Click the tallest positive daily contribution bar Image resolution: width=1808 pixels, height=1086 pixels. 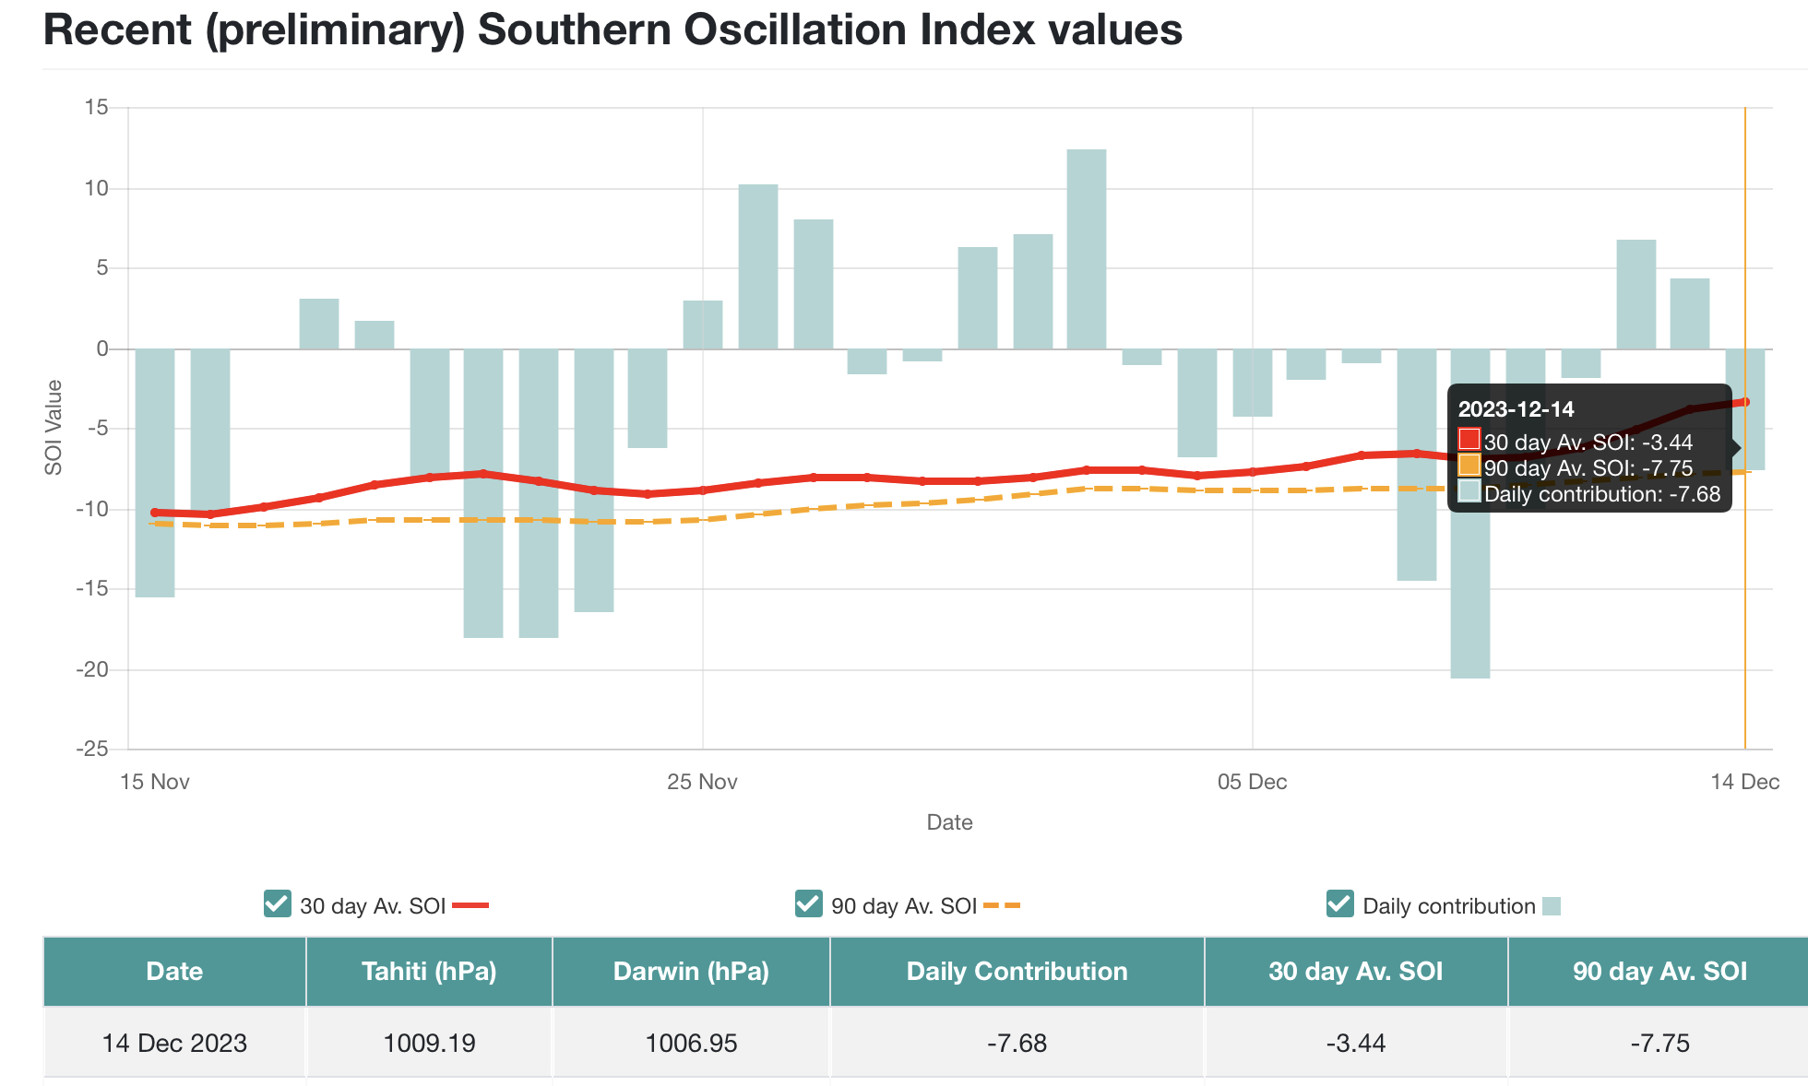[1087, 249]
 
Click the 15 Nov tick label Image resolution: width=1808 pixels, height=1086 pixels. [155, 783]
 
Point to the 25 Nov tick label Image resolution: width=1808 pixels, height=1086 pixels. [703, 783]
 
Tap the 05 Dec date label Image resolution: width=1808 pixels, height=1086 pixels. [1252, 783]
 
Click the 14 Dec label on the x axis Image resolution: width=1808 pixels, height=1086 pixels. [1744, 783]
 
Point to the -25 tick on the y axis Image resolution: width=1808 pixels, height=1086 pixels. [91, 749]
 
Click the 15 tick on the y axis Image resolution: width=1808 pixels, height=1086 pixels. [96, 108]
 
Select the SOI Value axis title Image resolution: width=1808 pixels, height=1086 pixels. [54, 428]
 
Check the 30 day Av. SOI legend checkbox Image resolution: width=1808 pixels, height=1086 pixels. [277, 904]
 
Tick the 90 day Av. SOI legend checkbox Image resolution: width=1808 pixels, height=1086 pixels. [808, 904]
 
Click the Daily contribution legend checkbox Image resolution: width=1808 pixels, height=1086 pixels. [1339, 904]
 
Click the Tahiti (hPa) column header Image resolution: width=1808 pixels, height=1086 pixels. [429, 972]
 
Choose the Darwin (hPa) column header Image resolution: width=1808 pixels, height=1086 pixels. [691, 972]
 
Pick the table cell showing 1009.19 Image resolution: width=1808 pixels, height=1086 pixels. [429, 1044]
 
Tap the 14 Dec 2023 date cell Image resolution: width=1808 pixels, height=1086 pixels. [174, 1044]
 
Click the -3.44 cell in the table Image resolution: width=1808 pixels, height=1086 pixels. [1355, 1044]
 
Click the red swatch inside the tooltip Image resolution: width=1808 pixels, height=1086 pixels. [1469, 440]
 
